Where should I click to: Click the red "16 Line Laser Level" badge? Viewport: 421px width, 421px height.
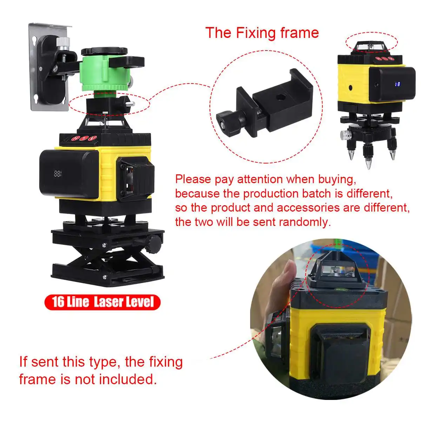click(x=102, y=302)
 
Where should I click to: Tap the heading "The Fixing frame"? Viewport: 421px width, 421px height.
click(x=262, y=33)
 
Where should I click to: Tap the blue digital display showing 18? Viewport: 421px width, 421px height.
click(x=397, y=84)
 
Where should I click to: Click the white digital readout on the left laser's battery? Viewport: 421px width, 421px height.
click(x=58, y=174)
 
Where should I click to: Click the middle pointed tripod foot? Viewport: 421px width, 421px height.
click(x=368, y=162)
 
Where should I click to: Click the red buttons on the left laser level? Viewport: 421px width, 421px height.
click(x=83, y=138)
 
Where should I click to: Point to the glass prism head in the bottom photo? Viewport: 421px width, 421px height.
click(x=335, y=270)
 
